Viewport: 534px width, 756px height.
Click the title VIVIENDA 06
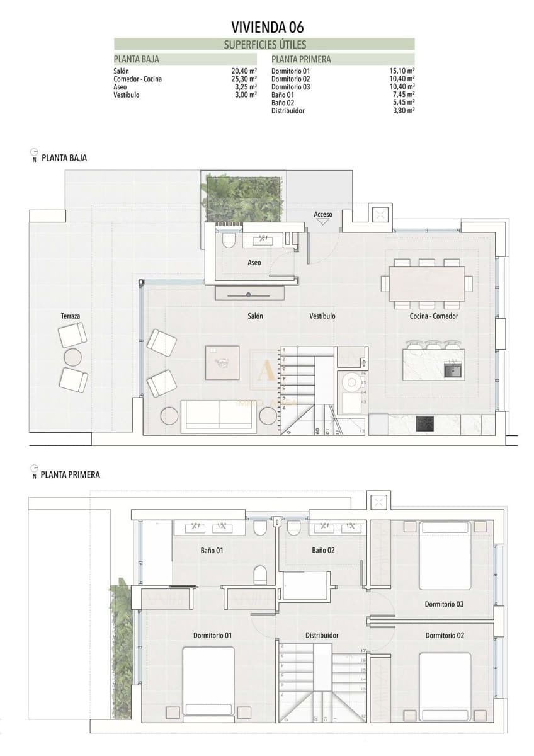[x=268, y=26]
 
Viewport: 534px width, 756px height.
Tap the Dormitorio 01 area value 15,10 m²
[x=402, y=71]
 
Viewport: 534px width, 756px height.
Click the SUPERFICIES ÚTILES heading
[x=265, y=45]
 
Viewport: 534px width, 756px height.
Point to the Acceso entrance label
[x=323, y=215]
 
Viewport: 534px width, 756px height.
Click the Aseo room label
[x=254, y=263]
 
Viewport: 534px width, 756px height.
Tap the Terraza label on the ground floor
[x=71, y=316]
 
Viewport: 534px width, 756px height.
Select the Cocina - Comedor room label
[x=434, y=316]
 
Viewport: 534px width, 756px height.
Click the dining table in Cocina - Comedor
[x=426, y=283]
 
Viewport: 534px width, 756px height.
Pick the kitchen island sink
[x=453, y=369]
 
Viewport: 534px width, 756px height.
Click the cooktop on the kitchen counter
[x=426, y=424]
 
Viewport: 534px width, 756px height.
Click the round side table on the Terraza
[x=73, y=357]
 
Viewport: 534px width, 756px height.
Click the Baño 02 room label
[x=323, y=550]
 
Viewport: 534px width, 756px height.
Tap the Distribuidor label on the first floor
[x=322, y=635]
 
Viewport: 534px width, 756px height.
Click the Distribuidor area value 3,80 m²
[x=403, y=110]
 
